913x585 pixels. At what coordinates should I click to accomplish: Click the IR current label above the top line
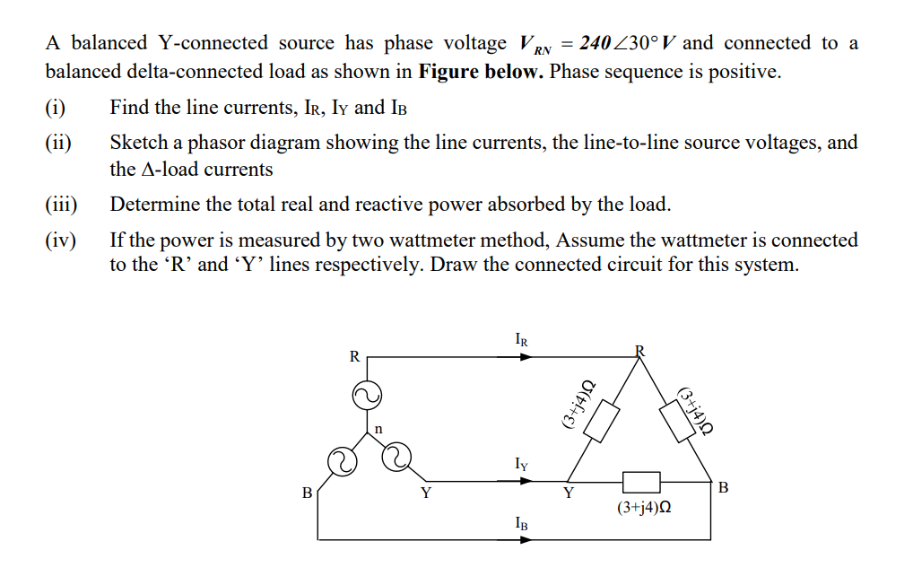pyautogui.click(x=522, y=340)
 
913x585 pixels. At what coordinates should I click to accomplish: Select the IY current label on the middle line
pyautogui.click(x=522, y=465)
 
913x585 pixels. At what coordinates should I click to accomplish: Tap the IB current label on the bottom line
pyautogui.click(x=522, y=522)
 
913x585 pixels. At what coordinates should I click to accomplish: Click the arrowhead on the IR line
pyautogui.click(x=526, y=356)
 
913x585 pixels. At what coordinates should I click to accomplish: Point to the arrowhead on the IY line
pyautogui.click(x=526, y=480)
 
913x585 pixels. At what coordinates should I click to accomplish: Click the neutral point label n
pyautogui.click(x=378, y=429)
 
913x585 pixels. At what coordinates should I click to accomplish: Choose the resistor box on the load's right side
pyautogui.click(x=678, y=419)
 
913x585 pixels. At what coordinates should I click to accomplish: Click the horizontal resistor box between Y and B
pyautogui.click(x=641, y=481)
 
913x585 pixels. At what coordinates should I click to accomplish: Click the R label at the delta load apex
pyautogui.click(x=639, y=348)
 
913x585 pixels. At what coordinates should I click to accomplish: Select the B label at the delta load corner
pyautogui.click(x=724, y=488)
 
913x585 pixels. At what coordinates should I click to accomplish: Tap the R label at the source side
pyautogui.click(x=354, y=356)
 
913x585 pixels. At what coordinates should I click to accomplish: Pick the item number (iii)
pyautogui.click(x=62, y=205)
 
